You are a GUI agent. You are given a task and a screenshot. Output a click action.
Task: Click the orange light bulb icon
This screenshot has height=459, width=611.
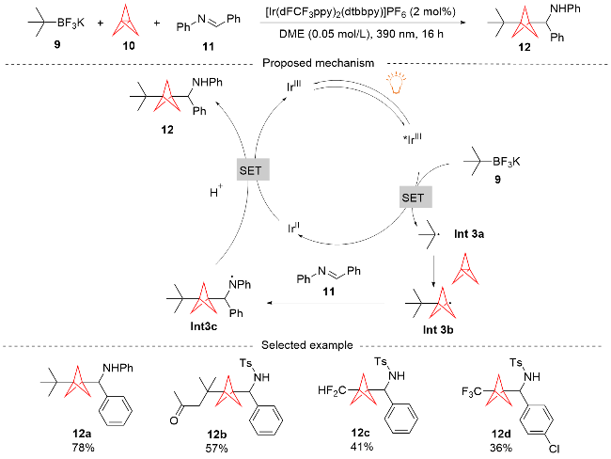click(x=396, y=82)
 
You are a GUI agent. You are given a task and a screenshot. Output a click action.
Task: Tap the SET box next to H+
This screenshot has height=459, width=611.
click(x=253, y=169)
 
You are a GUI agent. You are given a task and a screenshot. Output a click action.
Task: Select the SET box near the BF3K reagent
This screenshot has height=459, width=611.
click(x=415, y=198)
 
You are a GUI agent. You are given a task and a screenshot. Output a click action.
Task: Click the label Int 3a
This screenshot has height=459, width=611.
click(x=469, y=234)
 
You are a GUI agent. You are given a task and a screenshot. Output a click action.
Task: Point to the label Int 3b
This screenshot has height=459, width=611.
click(x=438, y=330)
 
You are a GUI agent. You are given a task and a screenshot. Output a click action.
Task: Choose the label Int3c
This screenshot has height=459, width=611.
click(x=204, y=326)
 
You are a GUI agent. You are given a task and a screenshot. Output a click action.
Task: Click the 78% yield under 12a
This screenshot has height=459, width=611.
click(x=83, y=448)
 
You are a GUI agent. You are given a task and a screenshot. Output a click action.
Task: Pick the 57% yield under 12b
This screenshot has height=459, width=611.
click(x=216, y=448)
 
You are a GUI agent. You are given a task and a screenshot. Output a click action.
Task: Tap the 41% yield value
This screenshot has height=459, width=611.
click(x=362, y=446)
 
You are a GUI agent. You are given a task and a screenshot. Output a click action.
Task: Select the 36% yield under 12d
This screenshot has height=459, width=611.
click(x=501, y=448)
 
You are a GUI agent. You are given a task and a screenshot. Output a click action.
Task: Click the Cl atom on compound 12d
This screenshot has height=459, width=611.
click(x=554, y=450)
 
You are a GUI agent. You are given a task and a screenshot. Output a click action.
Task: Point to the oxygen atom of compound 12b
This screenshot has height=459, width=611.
click(x=174, y=420)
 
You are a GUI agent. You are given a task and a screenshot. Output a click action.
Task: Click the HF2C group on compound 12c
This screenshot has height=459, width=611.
click(x=332, y=390)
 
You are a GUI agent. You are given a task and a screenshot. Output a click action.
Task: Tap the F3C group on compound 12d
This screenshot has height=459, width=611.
click(x=472, y=391)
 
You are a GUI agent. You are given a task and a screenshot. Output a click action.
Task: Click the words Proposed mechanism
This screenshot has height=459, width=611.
click(x=318, y=63)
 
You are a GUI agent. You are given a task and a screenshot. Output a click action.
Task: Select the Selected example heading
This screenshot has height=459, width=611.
click(x=307, y=345)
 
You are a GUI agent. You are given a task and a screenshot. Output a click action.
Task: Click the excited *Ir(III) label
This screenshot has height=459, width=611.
click(x=413, y=138)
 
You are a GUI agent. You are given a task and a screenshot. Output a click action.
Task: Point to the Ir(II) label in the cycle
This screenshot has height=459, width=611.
click(x=294, y=228)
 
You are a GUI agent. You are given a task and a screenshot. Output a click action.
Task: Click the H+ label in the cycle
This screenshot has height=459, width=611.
click(x=216, y=192)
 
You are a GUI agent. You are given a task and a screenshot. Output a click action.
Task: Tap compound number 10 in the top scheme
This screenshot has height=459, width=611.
click(x=129, y=46)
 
